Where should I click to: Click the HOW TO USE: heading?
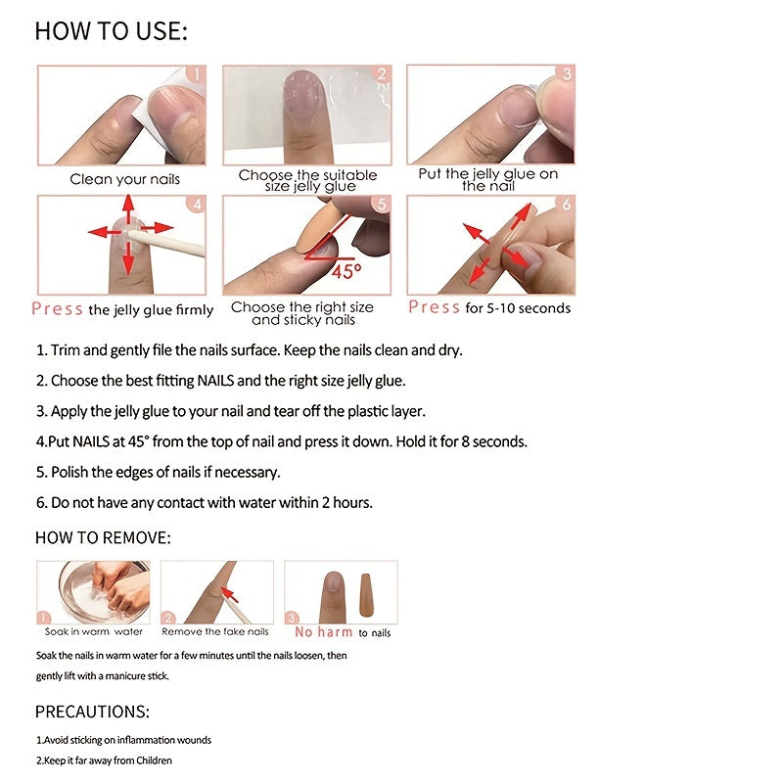click(x=111, y=31)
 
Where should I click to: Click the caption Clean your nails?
click(x=124, y=179)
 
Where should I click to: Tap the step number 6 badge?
click(x=566, y=205)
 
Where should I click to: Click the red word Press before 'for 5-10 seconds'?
click(x=434, y=307)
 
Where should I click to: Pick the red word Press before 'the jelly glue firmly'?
click(x=57, y=309)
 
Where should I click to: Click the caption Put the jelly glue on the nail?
click(x=488, y=179)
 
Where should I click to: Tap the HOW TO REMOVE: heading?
click(x=103, y=538)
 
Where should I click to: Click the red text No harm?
click(x=324, y=632)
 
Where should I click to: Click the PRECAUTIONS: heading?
click(x=92, y=712)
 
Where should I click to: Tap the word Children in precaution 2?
click(x=151, y=760)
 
